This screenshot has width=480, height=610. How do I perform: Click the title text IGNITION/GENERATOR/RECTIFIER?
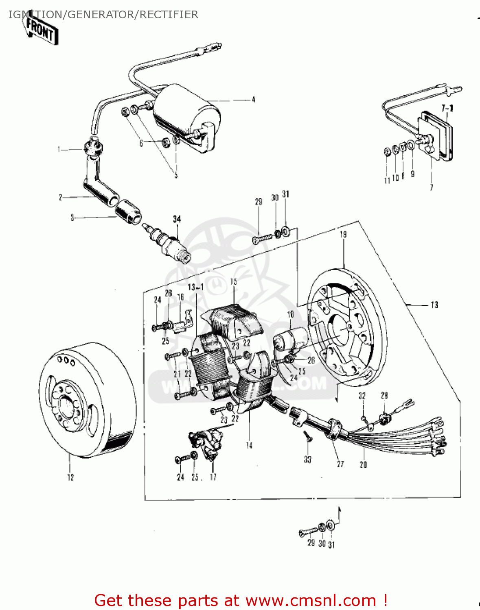(103, 15)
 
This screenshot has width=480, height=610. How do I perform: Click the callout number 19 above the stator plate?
(343, 234)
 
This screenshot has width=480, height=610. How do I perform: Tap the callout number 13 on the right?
(434, 305)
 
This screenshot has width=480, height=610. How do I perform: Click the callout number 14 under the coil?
(249, 445)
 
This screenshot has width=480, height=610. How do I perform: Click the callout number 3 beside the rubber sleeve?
(72, 218)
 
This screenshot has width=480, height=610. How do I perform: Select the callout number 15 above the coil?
(233, 281)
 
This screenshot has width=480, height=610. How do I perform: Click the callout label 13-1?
(195, 287)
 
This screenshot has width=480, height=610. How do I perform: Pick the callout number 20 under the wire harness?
(363, 464)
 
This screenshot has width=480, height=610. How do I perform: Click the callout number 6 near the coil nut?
(141, 143)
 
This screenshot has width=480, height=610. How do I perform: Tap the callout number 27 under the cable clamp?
(340, 464)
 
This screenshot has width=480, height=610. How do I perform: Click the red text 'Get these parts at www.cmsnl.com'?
(240, 600)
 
